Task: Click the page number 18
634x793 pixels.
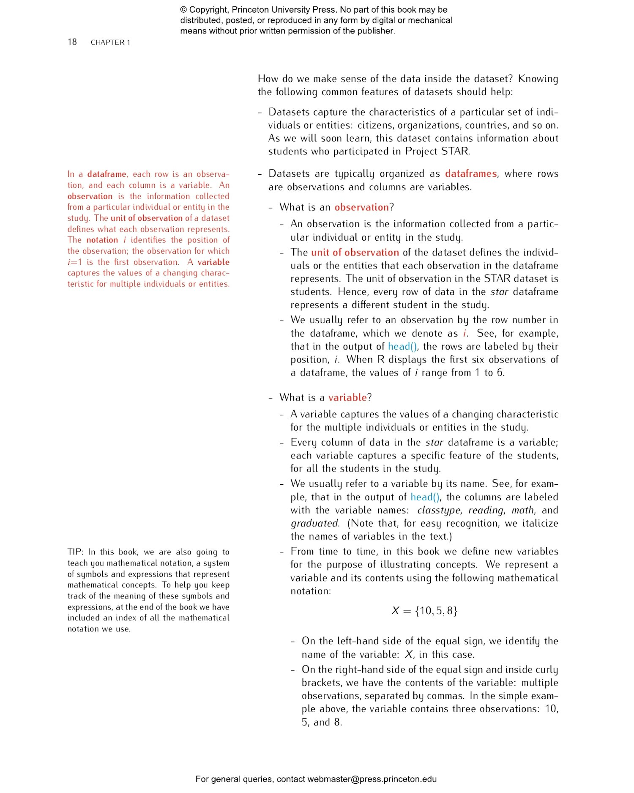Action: [72, 42]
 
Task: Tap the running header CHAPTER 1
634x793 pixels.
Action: [110, 42]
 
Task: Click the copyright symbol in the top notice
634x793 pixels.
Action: [183, 10]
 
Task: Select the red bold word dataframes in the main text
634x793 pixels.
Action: [470, 173]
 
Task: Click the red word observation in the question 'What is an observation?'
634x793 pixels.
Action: [361, 207]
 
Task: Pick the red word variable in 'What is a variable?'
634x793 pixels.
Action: [347, 398]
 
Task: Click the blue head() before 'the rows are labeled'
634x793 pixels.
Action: [402, 346]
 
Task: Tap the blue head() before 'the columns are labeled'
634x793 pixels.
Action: [425, 497]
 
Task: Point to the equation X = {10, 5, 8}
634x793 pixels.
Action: [424, 610]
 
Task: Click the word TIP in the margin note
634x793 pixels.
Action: [75, 552]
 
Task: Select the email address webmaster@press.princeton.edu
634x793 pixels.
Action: [372, 779]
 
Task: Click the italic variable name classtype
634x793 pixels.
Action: [438, 510]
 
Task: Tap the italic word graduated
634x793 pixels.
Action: [314, 524]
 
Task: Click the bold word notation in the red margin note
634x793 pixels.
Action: [102, 240]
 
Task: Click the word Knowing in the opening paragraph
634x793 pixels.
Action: [538, 79]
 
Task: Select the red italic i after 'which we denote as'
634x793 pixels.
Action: [465, 333]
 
